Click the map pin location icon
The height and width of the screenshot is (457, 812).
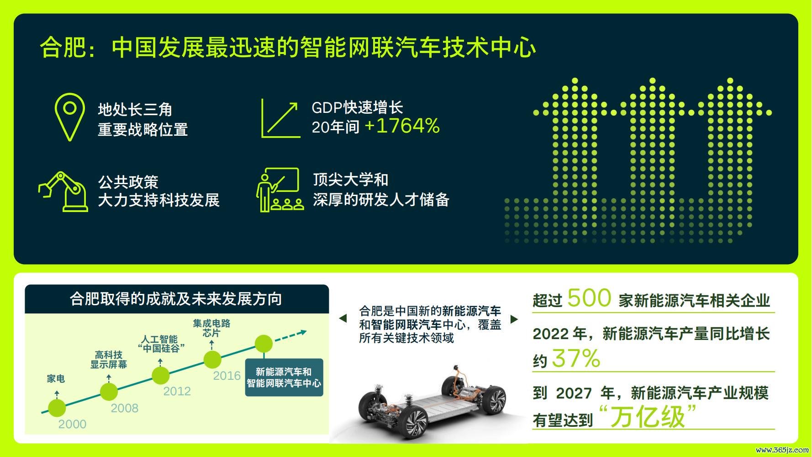(x=69, y=117)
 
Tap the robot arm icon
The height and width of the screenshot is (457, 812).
(x=63, y=192)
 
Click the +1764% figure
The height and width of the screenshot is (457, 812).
(x=402, y=126)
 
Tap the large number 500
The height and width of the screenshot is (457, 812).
(x=589, y=298)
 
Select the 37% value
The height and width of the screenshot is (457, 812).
(x=576, y=359)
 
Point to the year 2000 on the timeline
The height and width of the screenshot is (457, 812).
(x=72, y=424)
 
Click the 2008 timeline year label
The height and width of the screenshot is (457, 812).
(x=125, y=408)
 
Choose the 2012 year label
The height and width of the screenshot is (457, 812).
(x=177, y=391)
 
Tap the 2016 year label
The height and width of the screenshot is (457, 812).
(x=227, y=376)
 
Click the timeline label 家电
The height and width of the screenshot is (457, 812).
(x=56, y=379)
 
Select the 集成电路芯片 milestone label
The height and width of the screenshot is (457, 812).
(x=211, y=328)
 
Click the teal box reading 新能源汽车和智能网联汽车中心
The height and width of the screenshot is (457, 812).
(x=284, y=377)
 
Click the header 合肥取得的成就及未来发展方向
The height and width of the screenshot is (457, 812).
(x=176, y=299)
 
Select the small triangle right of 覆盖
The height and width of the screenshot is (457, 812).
(x=514, y=319)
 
